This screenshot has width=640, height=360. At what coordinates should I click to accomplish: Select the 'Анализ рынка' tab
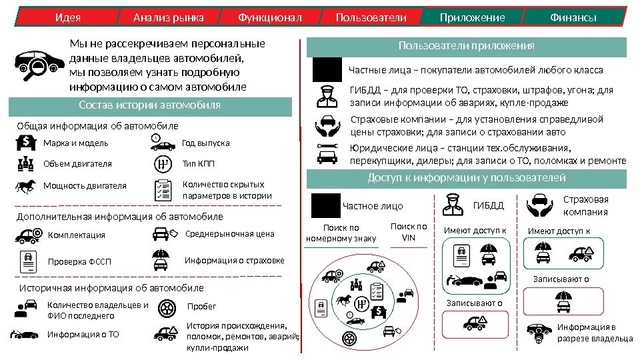pyautogui.click(x=168, y=17)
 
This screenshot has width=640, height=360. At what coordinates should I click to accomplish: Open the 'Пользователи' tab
pyautogui.click(x=371, y=17)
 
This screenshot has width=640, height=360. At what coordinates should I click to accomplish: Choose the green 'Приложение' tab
pyautogui.click(x=472, y=17)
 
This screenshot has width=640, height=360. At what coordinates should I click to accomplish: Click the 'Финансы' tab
pyautogui.click(x=573, y=17)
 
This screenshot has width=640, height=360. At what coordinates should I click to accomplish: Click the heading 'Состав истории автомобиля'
pyautogui.click(x=149, y=105)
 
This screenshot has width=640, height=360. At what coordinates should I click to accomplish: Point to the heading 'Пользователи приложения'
pyautogui.click(x=467, y=46)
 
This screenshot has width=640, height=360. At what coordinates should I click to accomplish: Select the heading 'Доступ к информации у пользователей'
pyautogui.click(x=467, y=178)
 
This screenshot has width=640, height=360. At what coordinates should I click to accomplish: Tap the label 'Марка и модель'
pyautogui.click(x=75, y=143)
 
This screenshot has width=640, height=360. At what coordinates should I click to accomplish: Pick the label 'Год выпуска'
pyautogui.click(x=205, y=143)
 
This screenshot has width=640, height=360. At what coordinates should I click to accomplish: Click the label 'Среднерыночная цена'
pyautogui.click(x=229, y=234)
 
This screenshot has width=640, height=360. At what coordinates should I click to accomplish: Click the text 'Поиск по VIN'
pyautogui.click(x=408, y=233)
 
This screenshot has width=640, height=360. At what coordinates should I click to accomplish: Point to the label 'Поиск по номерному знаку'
pyautogui.click(x=341, y=233)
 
